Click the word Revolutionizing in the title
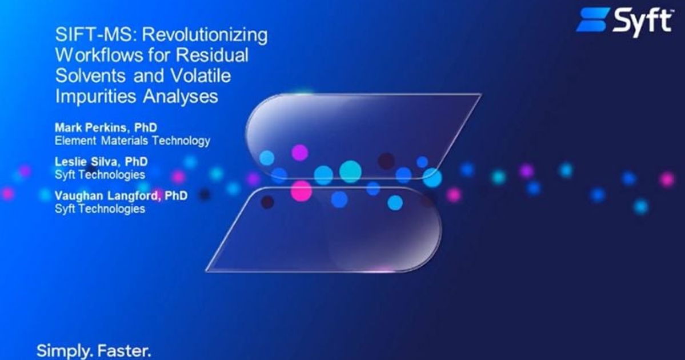coord(205,35)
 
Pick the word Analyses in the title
coord(182,96)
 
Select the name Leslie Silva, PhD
coord(101,162)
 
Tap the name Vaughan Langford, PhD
coord(121,197)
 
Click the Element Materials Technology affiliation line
coord(132,140)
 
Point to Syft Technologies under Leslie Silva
coord(99,174)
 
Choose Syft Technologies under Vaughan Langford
coord(99,209)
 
